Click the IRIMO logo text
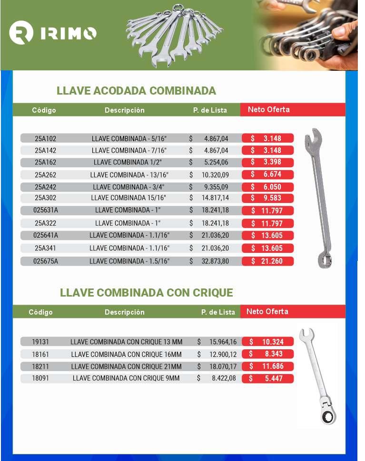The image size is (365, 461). click(x=69, y=33)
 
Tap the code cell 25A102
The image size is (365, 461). click(x=45, y=139)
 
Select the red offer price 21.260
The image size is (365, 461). click(x=268, y=261)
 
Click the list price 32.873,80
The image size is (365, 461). click(x=215, y=261)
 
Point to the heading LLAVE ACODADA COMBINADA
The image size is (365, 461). click(x=136, y=91)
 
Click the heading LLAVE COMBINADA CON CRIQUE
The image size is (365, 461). click(x=146, y=292)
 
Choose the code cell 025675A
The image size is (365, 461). click(x=45, y=261)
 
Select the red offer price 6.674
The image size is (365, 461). click(x=268, y=174)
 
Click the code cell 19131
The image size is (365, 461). click(x=40, y=342)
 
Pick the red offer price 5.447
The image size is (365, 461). click(x=268, y=379)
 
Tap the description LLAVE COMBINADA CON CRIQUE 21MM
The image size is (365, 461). click(x=126, y=366)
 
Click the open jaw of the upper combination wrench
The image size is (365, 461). click(x=314, y=137)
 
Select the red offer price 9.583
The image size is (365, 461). click(x=268, y=198)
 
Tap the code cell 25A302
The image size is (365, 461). click(x=45, y=198)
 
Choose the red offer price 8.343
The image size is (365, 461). click(x=268, y=354)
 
